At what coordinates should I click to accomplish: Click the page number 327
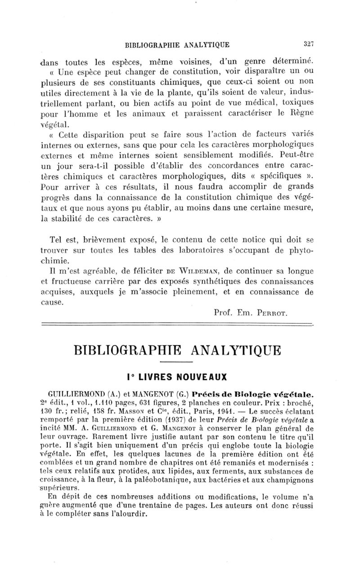click(x=308, y=44)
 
